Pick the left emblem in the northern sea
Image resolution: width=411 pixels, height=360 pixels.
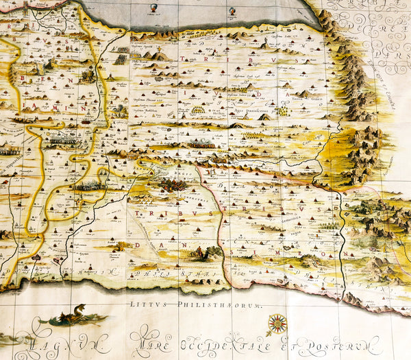[153, 8]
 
